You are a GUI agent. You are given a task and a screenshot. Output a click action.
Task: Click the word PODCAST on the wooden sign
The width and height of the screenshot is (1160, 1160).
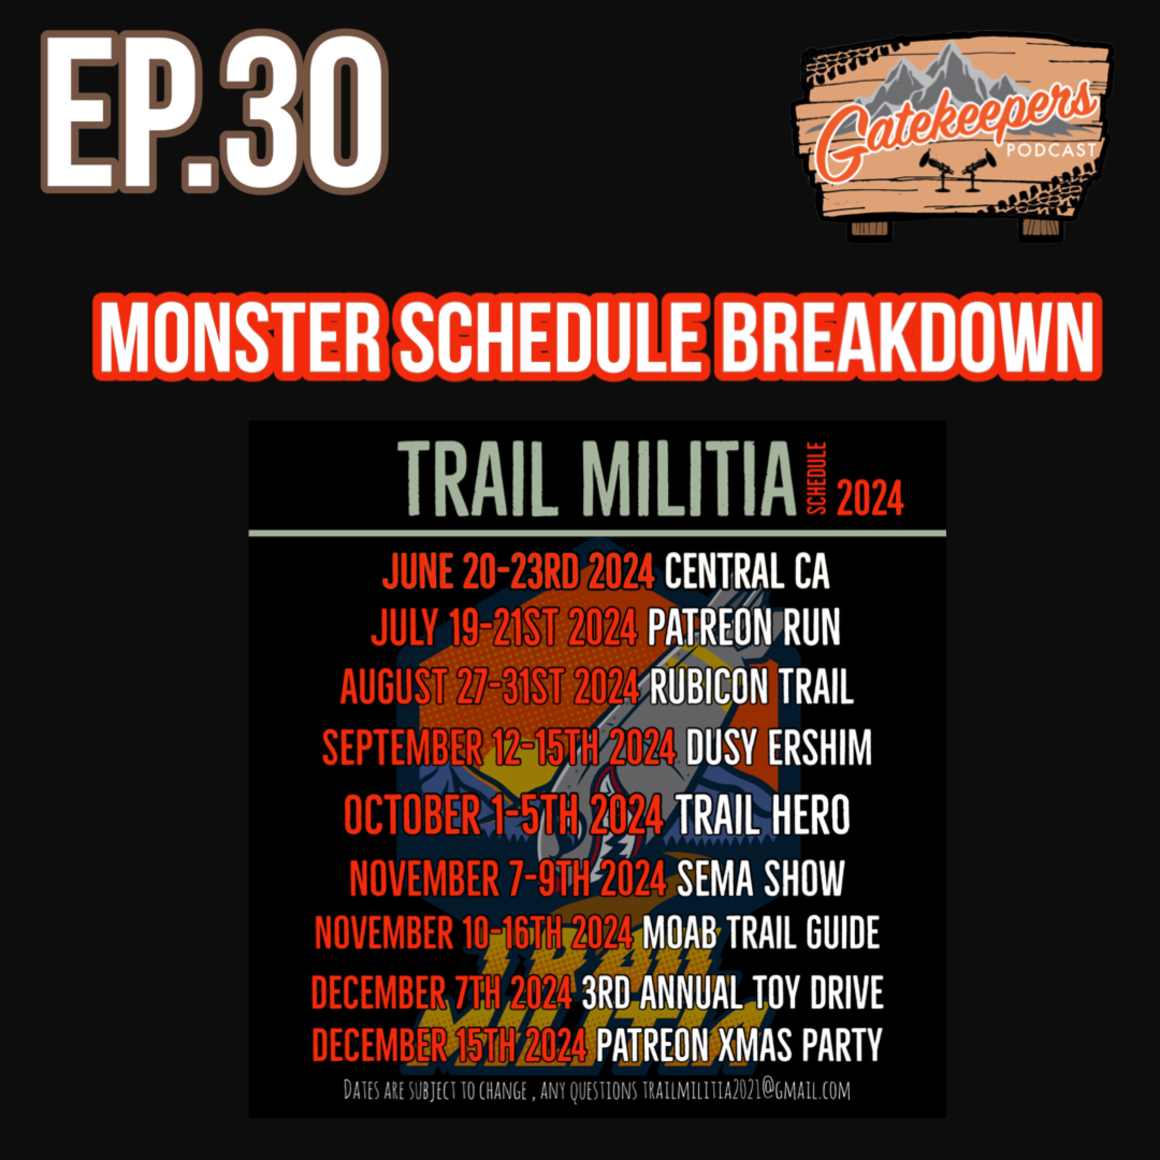tap(1051, 148)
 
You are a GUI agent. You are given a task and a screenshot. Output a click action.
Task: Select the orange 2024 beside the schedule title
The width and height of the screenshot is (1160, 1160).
tap(870, 498)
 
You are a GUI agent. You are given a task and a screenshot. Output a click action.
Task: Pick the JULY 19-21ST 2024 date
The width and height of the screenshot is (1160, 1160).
tap(504, 628)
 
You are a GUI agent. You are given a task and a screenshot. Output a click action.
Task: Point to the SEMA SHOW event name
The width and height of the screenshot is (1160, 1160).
tap(761, 878)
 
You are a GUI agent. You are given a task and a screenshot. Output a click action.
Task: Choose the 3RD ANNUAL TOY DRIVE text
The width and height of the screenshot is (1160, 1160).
tap(732, 993)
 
